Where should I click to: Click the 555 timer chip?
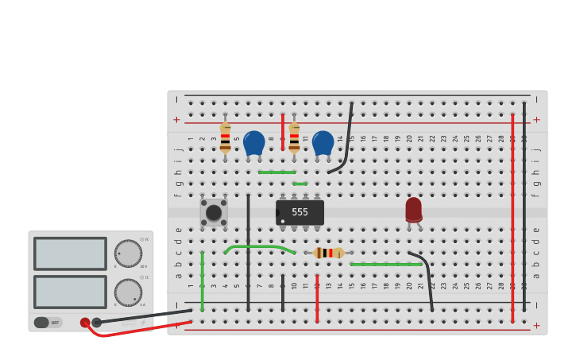click(x=300, y=212)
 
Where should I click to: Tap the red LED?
click(x=413, y=210)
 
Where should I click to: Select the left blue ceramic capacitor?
click(x=253, y=143)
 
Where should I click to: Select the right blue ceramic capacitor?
click(x=323, y=143)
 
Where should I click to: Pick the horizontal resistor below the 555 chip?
click(x=328, y=253)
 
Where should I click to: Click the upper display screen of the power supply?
click(x=70, y=254)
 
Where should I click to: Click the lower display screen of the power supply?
click(x=70, y=291)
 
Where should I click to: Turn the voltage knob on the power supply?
click(x=128, y=254)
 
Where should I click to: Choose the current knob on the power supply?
click(x=128, y=292)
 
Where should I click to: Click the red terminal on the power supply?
click(x=85, y=323)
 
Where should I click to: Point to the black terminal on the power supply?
click(x=97, y=323)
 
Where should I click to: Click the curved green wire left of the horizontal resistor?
click(x=258, y=247)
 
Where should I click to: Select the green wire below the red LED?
click(x=385, y=264)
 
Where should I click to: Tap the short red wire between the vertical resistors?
click(x=282, y=131)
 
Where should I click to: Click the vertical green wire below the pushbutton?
click(x=202, y=282)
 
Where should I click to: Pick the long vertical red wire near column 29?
click(x=512, y=219)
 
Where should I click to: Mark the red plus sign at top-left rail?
click(x=176, y=120)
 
